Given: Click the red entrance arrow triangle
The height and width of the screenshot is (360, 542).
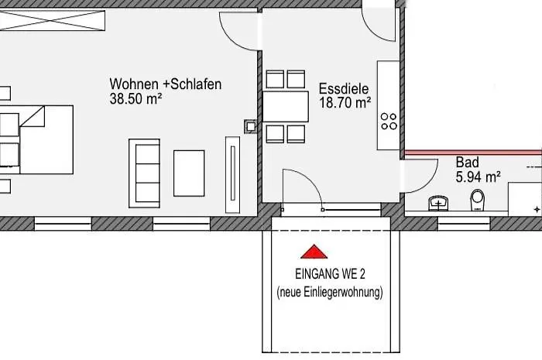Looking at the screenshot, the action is tap(314, 252).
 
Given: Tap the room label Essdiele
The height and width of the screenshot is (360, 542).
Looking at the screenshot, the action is tap(344, 89).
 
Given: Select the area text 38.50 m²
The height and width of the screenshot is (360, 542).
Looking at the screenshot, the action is tap(135, 99).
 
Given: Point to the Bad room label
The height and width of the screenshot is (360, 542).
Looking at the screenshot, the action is tap(468, 162).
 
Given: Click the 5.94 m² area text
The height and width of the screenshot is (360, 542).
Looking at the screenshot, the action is tap(478, 177).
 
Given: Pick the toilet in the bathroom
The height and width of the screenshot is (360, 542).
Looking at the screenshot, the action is tap(478, 200).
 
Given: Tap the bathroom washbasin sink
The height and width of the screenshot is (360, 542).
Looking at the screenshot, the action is tap(439, 203).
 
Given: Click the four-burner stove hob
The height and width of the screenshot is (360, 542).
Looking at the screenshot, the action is tap(389, 122).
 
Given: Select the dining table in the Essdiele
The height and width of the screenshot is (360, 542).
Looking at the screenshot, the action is tap(286, 106).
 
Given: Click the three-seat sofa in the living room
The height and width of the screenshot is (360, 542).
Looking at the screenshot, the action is tap(145, 173).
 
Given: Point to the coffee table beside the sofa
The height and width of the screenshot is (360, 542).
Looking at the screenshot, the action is tap(189, 173).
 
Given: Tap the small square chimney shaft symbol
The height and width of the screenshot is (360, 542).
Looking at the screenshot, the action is tap(251, 126).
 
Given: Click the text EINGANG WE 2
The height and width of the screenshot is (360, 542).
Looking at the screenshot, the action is tap(330, 274).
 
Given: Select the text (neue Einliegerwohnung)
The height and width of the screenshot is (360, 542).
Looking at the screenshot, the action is tap(330, 293).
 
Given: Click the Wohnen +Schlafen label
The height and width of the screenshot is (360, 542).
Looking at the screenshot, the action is tap(166, 84).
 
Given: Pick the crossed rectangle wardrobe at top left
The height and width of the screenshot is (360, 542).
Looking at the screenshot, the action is tap(52, 20).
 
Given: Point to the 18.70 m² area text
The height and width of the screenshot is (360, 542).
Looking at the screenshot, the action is tap(345, 103).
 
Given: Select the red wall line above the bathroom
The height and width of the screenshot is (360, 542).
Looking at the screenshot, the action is tap(473, 152).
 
